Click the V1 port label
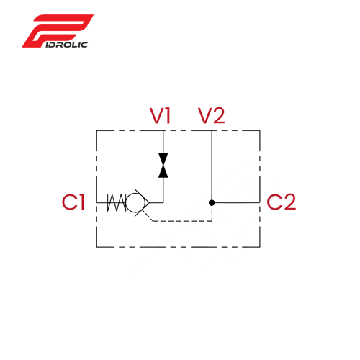tap(160, 116)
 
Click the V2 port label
tap(212, 116)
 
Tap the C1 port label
tap(73, 202)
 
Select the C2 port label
tap(281, 202)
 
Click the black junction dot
tap(212, 203)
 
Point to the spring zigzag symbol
tap(117, 203)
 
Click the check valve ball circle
tap(135, 203)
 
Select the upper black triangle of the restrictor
tap(163, 159)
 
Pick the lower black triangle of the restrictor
tap(163, 171)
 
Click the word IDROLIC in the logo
tap(66, 45)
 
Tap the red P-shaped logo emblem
tap(58, 31)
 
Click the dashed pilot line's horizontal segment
tap(182, 221)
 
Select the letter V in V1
tap(156, 116)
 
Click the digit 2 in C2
tap(289, 202)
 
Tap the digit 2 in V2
tap(218, 116)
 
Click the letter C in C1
tap(69, 202)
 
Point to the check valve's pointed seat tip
tap(150, 203)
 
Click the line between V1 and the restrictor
tap(163, 142)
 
